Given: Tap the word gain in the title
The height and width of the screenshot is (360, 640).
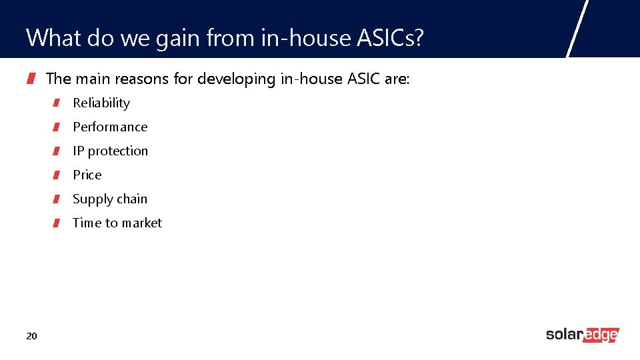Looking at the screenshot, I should (176, 38).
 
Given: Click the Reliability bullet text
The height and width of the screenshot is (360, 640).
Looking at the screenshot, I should (101, 103).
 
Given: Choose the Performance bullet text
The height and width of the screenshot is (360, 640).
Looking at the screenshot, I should (110, 127).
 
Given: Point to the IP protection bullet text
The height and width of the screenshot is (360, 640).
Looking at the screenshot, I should (110, 151).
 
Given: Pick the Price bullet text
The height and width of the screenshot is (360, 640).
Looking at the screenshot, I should (87, 175).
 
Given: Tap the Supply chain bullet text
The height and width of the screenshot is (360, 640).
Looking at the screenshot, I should (110, 199).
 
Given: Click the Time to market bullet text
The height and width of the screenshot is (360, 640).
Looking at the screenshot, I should (117, 223).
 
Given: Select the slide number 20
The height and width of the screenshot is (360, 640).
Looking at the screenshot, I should (31, 335).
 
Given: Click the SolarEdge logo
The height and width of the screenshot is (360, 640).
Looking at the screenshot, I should (582, 335).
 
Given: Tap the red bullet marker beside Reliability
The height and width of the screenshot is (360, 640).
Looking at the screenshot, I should (57, 103).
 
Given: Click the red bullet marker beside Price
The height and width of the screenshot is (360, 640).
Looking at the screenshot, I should (57, 175).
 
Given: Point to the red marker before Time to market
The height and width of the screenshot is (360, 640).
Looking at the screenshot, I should (57, 223).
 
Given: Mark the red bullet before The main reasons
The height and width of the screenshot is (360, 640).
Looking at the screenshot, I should (31, 79).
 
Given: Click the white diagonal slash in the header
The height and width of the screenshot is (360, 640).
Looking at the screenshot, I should (577, 28).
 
